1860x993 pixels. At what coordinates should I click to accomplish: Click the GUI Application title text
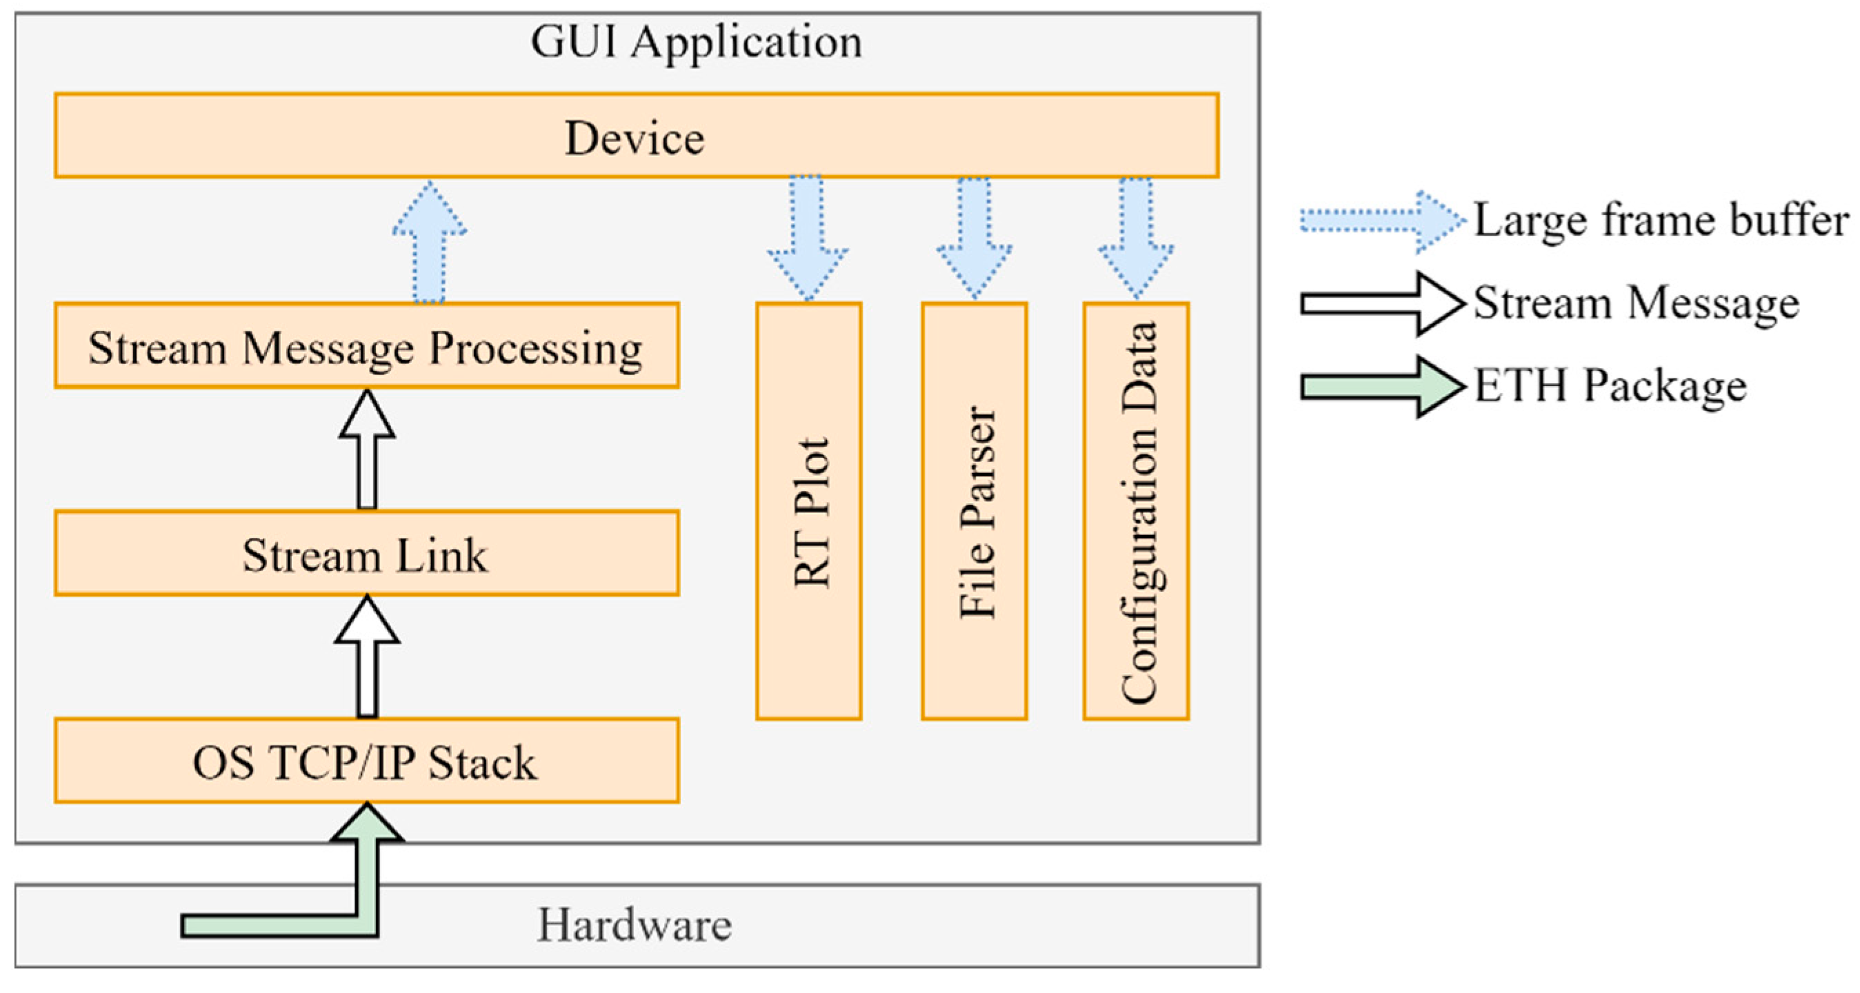[x=696, y=42]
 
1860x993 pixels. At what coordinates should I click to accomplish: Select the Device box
[x=635, y=136]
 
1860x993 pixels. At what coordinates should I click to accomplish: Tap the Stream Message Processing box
[x=366, y=347]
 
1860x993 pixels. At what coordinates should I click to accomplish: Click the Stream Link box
[x=366, y=554]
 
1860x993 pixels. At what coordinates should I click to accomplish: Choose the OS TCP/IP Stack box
[x=366, y=761]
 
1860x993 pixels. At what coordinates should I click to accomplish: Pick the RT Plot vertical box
[x=809, y=511]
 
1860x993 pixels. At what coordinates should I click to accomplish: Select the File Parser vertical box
[x=974, y=511]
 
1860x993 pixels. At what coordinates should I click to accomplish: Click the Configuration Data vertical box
[x=1136, y=511]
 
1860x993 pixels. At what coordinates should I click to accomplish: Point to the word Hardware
[x=634, y=925]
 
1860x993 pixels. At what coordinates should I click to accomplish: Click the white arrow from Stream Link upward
[x=367, y=452]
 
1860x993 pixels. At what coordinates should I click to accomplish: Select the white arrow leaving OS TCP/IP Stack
[x=367, y=659]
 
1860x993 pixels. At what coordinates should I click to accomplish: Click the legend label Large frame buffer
[x=1661, y=220]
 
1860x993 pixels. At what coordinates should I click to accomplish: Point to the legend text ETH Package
[x=1610, y=387]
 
